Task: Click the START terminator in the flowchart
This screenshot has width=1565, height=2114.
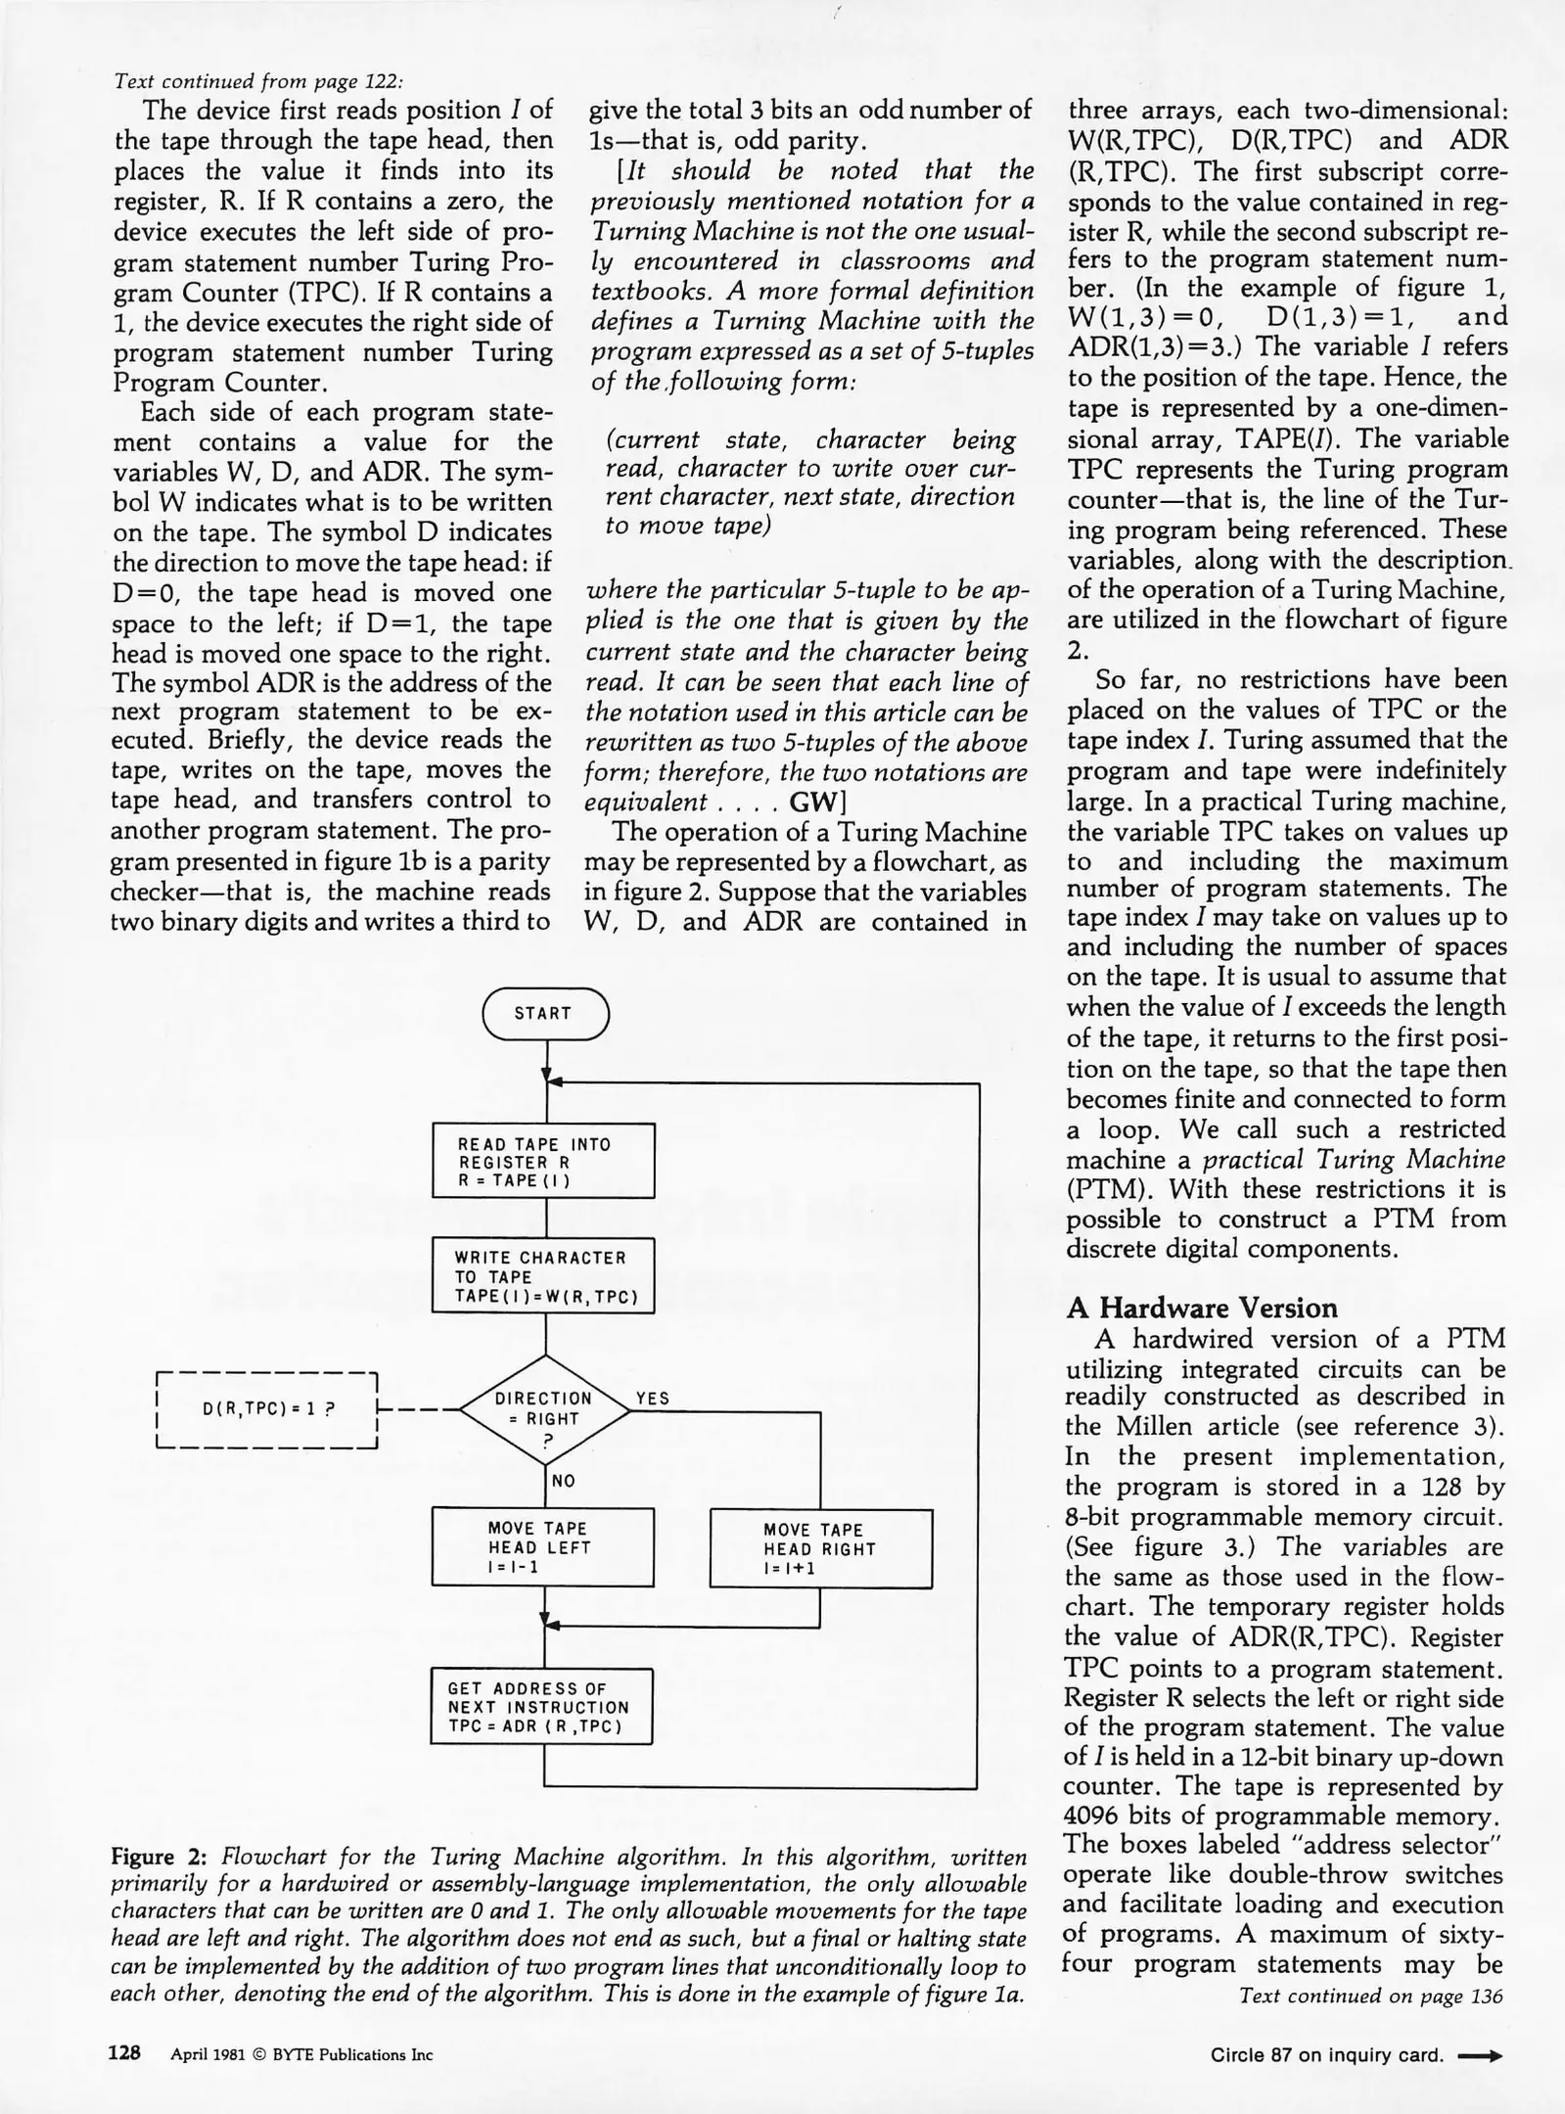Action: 544,1013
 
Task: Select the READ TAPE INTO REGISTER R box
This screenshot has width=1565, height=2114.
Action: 543,1161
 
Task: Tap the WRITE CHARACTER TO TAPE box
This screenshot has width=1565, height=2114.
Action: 543,1276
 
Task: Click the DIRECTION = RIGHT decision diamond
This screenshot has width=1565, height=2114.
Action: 544,1410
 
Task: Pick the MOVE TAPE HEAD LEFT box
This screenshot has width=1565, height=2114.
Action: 543,1546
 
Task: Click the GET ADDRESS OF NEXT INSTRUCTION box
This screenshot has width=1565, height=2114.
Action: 541,1707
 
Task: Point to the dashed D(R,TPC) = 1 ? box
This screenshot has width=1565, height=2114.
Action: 267,1410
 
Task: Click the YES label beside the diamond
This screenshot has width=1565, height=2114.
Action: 653,1399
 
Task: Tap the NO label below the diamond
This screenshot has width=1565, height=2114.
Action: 564,1481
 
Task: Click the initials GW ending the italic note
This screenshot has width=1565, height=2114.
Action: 809,803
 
